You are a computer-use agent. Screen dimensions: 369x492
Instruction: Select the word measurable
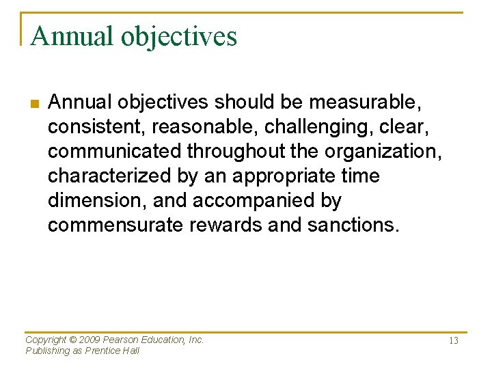pyautogui.click(x=365, y=102)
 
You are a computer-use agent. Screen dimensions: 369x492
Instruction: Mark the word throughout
pyautogui.click(x=225, y=152)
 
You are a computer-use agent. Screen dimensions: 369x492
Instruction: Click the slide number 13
pyautogui.click(x=452, y=341)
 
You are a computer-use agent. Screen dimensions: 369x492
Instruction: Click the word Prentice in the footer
pyautogui.click(x=104, y=351)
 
